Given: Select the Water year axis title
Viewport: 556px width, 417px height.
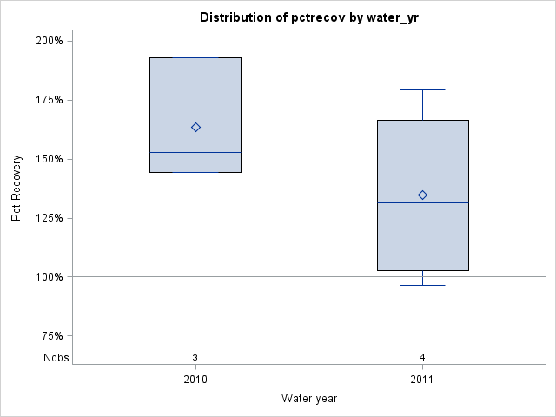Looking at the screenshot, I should click(309, 398).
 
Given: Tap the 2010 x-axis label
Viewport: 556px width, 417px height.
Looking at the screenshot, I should click(195, 380).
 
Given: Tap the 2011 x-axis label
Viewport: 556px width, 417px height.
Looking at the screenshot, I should click(422, 380).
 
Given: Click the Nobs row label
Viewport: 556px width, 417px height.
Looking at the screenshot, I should click(56, 358).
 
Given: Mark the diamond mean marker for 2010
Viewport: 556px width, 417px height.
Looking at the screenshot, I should click(195, 127).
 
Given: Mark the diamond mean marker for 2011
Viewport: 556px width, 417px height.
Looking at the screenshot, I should click(422, 195).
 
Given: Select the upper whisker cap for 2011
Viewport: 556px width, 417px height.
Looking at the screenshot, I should click(422, 89).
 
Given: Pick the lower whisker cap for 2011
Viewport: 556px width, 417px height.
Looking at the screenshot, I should click(422, 285).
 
